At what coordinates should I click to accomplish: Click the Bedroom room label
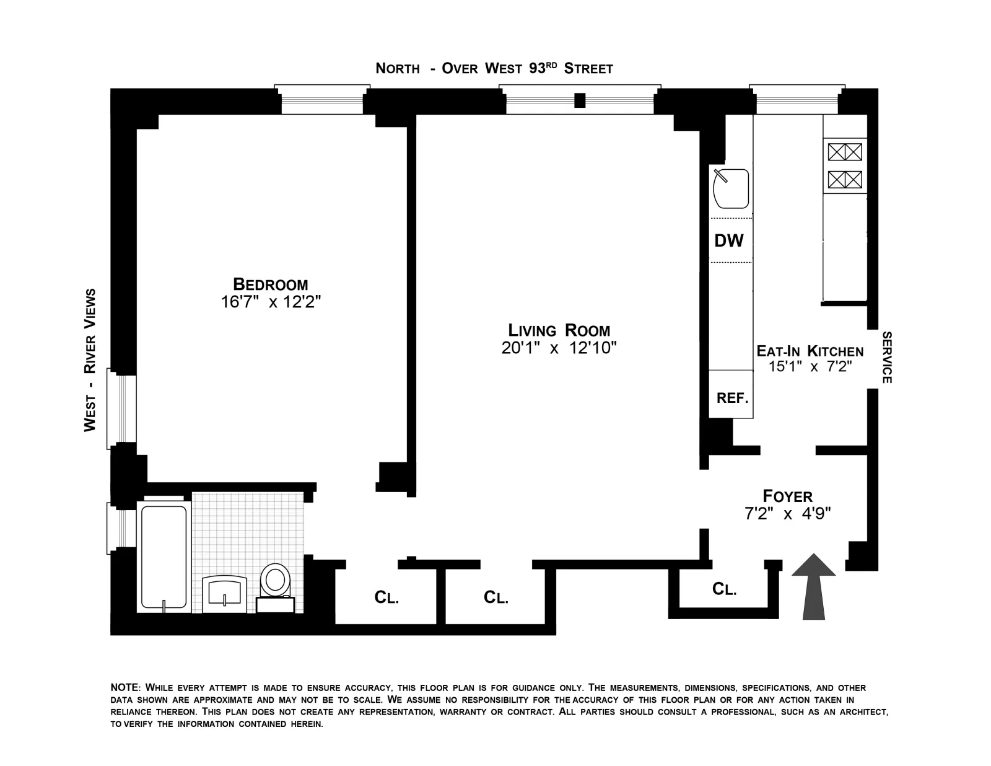click(x=270, y=284)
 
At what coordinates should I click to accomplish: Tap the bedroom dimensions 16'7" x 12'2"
click(x=271, y=302)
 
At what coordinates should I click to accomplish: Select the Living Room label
click(x=559, y=330)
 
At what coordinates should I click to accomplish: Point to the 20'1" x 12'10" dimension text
click(x=559, y=348)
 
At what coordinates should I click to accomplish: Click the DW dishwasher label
click(x=729, y=241)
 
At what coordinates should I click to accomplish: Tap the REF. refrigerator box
click(x=732, y=398)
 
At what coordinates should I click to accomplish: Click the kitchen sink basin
click(x=731, y=188)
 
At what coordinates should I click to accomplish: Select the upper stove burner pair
click(x=845, y=152)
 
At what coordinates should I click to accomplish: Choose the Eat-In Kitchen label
click(x=810, y=351)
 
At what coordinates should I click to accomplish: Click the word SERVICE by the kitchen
click(x=886, y=358)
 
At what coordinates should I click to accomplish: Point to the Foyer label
click(x=787, y=496)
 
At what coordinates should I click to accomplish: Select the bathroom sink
click(x=224, y=592)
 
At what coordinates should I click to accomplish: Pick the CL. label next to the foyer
click(x=724, y=589)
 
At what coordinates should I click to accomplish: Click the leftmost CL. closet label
click(x=386, y=597)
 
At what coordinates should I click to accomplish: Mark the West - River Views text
click(x=90, y=359)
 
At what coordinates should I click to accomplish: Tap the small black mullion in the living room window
click(x=580, y=100)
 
